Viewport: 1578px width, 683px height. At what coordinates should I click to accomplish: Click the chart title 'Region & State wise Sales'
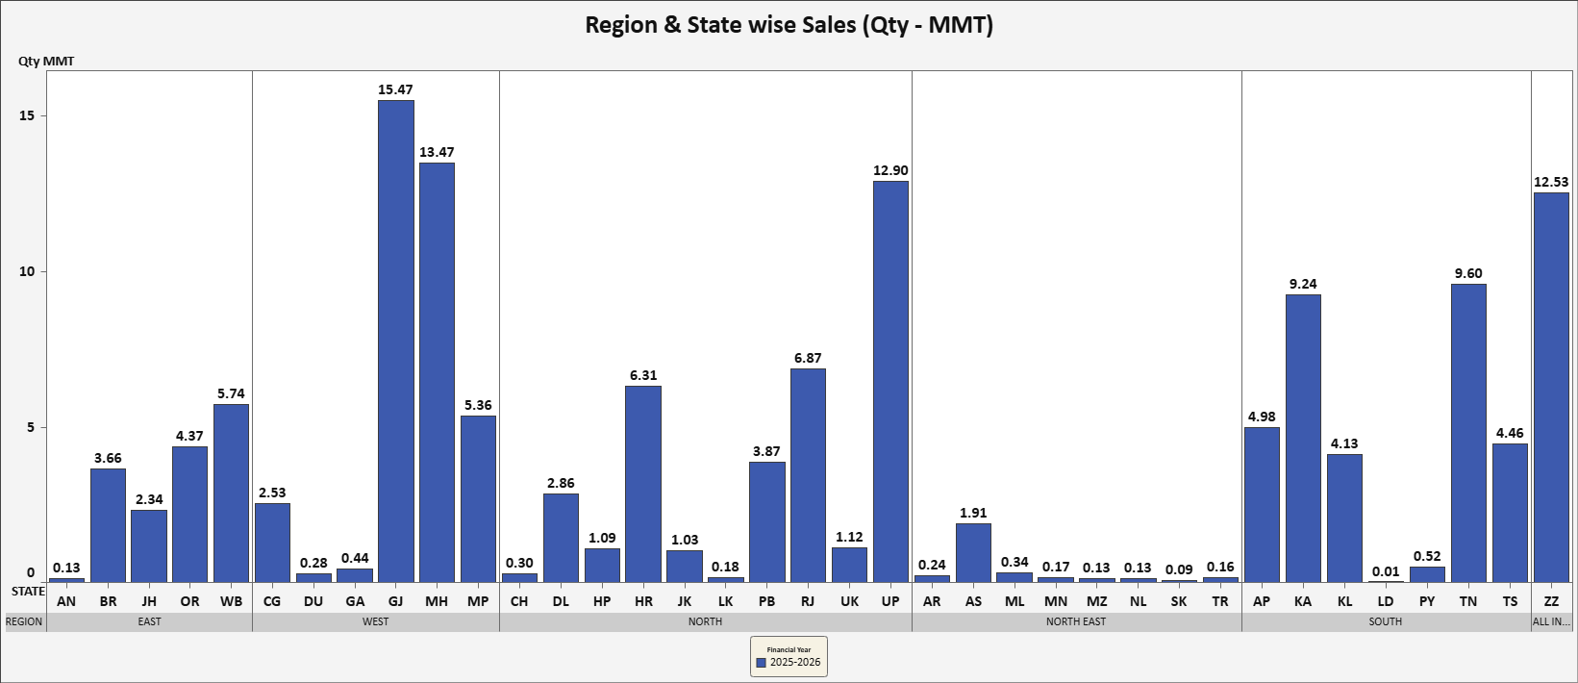click(x=789, y=25)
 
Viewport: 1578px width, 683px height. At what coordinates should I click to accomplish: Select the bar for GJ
click(x=395, y=341)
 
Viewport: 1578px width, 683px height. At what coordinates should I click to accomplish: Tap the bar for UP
click(x=890, y=382)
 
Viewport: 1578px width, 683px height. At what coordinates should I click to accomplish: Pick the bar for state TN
click(x=1468, y=433)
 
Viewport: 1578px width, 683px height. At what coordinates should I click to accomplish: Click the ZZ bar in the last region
click(x=1551, y=388)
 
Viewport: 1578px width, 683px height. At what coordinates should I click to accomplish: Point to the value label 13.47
click(x=437, y=152)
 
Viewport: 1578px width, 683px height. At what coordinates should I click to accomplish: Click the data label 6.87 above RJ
click(x=808, y=358)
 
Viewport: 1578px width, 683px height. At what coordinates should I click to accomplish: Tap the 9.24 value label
click(x=1303, y=284)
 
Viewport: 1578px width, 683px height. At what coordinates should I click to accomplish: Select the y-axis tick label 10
click(x=27, y=271)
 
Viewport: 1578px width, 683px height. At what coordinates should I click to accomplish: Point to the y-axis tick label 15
click(x=27, y=115)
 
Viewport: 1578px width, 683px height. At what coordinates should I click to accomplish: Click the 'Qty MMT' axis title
click(x=46, y=62)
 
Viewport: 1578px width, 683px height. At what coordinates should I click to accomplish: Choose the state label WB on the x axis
click(x=231, y=601)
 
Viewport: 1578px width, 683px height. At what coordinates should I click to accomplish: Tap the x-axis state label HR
click(x=643, y=601)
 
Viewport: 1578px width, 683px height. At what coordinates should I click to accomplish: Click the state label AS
click(x=973, y=601)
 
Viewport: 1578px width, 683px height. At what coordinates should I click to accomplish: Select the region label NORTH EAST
click(x=1076, y=621)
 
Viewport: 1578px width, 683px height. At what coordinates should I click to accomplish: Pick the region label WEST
click(x=375, y=621)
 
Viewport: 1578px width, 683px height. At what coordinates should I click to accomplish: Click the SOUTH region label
click(x=1386, y=621)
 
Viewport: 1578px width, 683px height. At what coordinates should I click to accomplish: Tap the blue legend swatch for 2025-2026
click(x=762, y=663)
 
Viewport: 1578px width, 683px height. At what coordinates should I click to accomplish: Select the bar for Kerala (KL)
click(x=1344, y=518)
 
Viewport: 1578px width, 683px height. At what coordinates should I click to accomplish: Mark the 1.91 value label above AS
click(x=973, y=513)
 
